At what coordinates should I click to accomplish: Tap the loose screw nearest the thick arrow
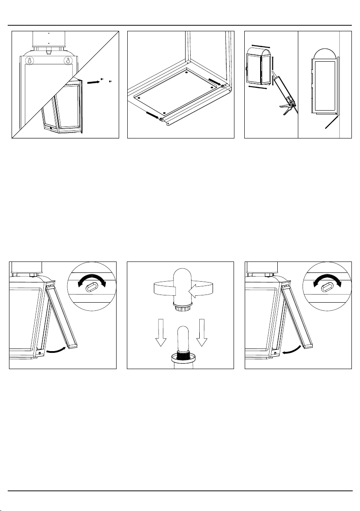[102, 79]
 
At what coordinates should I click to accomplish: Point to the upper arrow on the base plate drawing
[215, 81]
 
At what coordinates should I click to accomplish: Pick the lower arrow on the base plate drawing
[153, 115]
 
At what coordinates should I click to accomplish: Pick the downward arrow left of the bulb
[161, 333]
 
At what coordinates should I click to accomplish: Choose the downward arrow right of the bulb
[202, 333]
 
